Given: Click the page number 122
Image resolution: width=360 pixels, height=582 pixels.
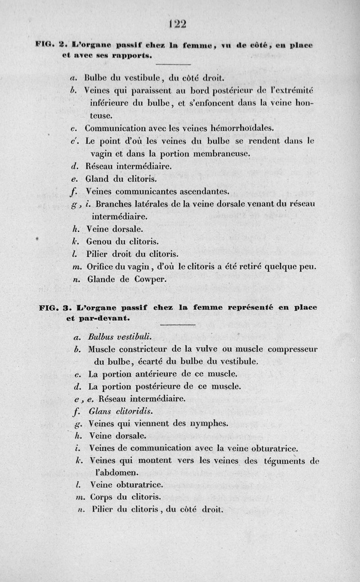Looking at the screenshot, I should pyautogui.click(x=180, y=23).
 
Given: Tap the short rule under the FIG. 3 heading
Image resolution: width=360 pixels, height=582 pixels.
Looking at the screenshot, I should pyautogui.click(x=177, y=324).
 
